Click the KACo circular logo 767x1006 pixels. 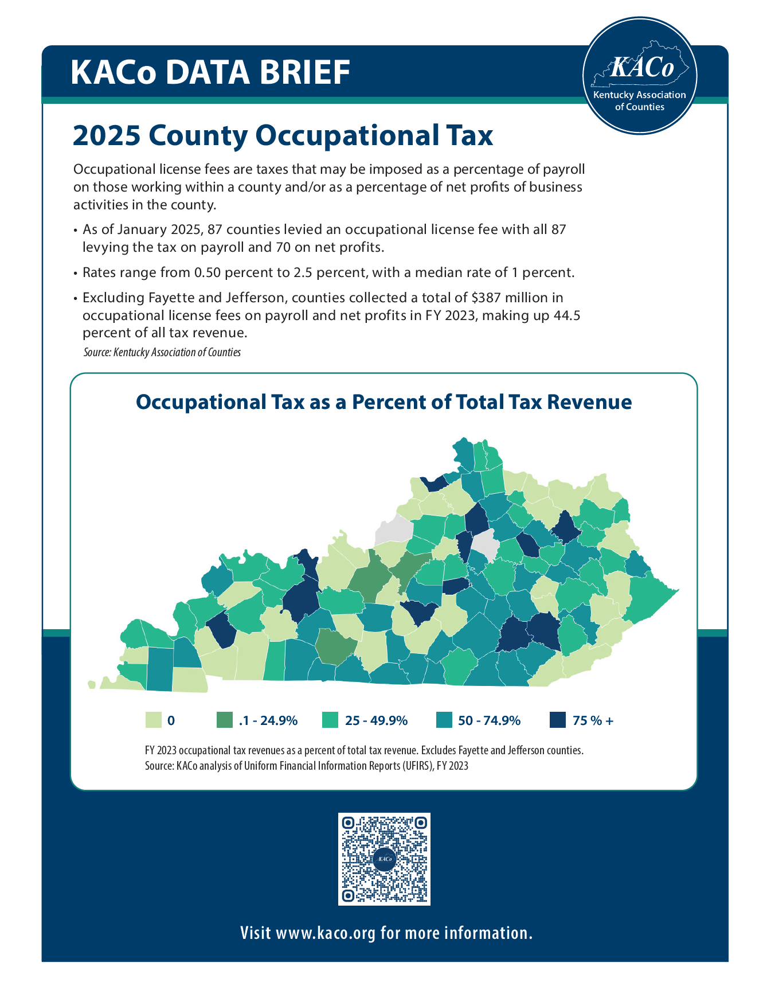tap(639, 76)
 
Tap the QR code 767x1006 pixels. tap(384, 859)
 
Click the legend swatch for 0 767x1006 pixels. tap(153, 720)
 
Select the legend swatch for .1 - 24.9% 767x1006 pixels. tap(225, 720)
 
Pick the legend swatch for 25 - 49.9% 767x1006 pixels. tap(330, 720)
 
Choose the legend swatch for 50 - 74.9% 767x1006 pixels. tap(444, 720)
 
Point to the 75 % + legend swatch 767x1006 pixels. tap(557, 720)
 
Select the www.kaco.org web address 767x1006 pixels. tap(326, 933)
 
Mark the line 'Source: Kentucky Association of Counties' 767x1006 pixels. tap(162, 352)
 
